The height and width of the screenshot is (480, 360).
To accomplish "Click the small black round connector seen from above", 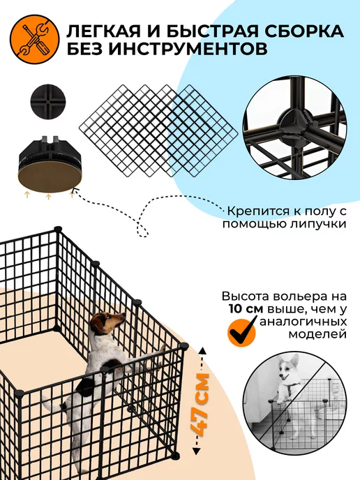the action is point(45,100).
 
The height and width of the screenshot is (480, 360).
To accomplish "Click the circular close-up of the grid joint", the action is point(295,128).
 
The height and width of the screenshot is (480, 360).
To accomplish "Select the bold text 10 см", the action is point(246,309).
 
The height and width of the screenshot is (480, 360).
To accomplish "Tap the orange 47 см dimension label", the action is point(200,405).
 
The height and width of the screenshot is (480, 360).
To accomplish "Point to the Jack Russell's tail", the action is point(50,404).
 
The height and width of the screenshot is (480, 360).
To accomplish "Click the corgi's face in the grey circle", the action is point(287,369).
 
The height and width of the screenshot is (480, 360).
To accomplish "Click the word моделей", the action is point(317,334).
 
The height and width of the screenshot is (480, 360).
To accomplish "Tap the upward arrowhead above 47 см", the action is point(202,351).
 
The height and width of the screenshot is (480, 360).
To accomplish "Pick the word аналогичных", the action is point(303,322).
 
